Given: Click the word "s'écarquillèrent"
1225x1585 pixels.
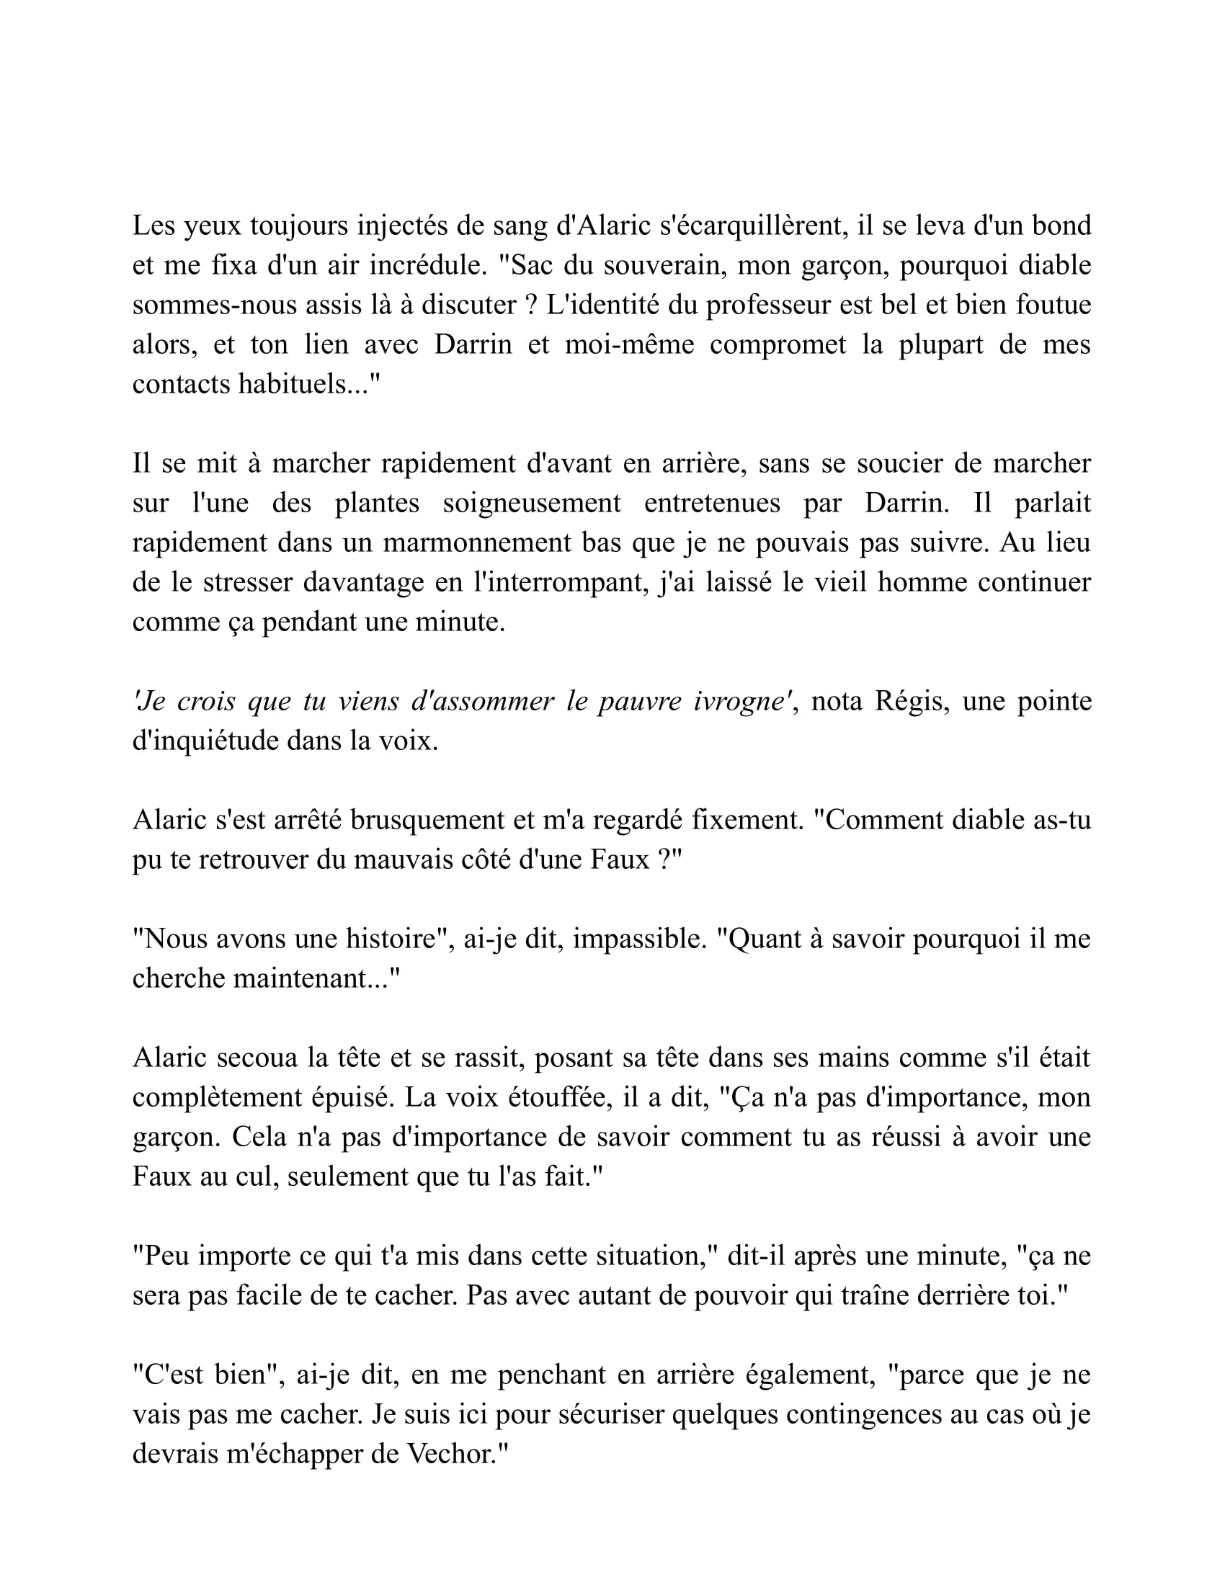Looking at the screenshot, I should pos(751,226).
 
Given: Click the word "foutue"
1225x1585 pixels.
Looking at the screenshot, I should pos(1053,305).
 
